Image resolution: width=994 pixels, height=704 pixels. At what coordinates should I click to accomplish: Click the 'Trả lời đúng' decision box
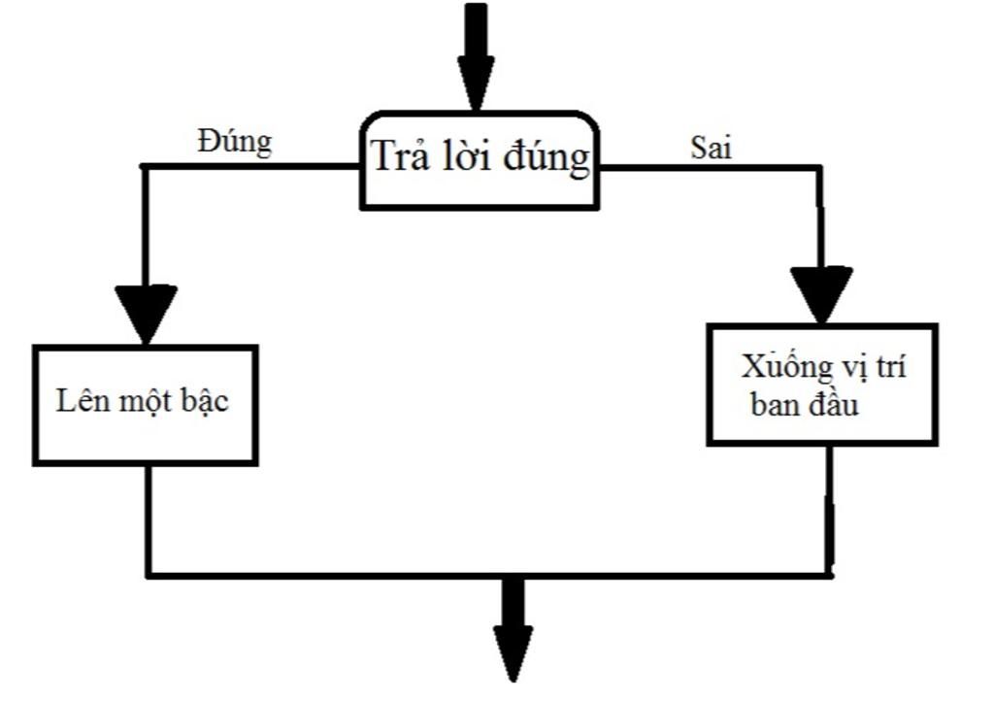(480, 160)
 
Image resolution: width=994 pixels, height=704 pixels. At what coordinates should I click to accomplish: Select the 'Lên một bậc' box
(145, 403)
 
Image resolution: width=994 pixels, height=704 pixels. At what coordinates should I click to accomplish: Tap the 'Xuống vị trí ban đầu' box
(822, 385)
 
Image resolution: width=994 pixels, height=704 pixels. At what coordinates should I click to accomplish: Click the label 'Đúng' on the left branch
(235, 143)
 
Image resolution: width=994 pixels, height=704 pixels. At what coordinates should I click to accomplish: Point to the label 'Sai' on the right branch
(711, 149)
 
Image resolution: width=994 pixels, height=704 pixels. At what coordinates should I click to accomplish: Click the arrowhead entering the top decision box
(476, 83)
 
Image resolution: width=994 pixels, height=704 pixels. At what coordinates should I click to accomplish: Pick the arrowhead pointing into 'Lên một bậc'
(146, 311)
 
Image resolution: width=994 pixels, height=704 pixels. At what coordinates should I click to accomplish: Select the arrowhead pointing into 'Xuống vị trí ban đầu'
(821, 293)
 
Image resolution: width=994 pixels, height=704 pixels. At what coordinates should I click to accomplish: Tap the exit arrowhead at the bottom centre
(513, 651)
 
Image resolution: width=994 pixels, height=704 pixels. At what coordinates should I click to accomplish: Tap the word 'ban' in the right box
(775, 406)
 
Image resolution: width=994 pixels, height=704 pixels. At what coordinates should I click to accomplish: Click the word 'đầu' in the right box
(834, 406)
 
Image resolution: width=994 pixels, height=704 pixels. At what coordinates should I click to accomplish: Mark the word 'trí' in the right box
(887, 369)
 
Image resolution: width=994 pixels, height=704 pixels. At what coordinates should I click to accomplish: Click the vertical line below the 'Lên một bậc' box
(148, 520)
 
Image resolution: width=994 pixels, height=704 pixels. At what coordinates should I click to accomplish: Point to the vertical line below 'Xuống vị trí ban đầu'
(830, 510)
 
